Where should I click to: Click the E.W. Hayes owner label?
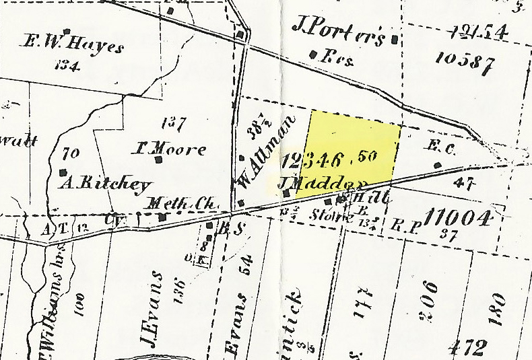click(x=75, y=46)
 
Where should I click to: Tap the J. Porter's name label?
click(x=339, y=31)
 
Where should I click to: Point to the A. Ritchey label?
click(x=106, y=184)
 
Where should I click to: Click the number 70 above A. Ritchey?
click(x=69, y=153)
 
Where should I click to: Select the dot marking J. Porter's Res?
click(x=312, y=54)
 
